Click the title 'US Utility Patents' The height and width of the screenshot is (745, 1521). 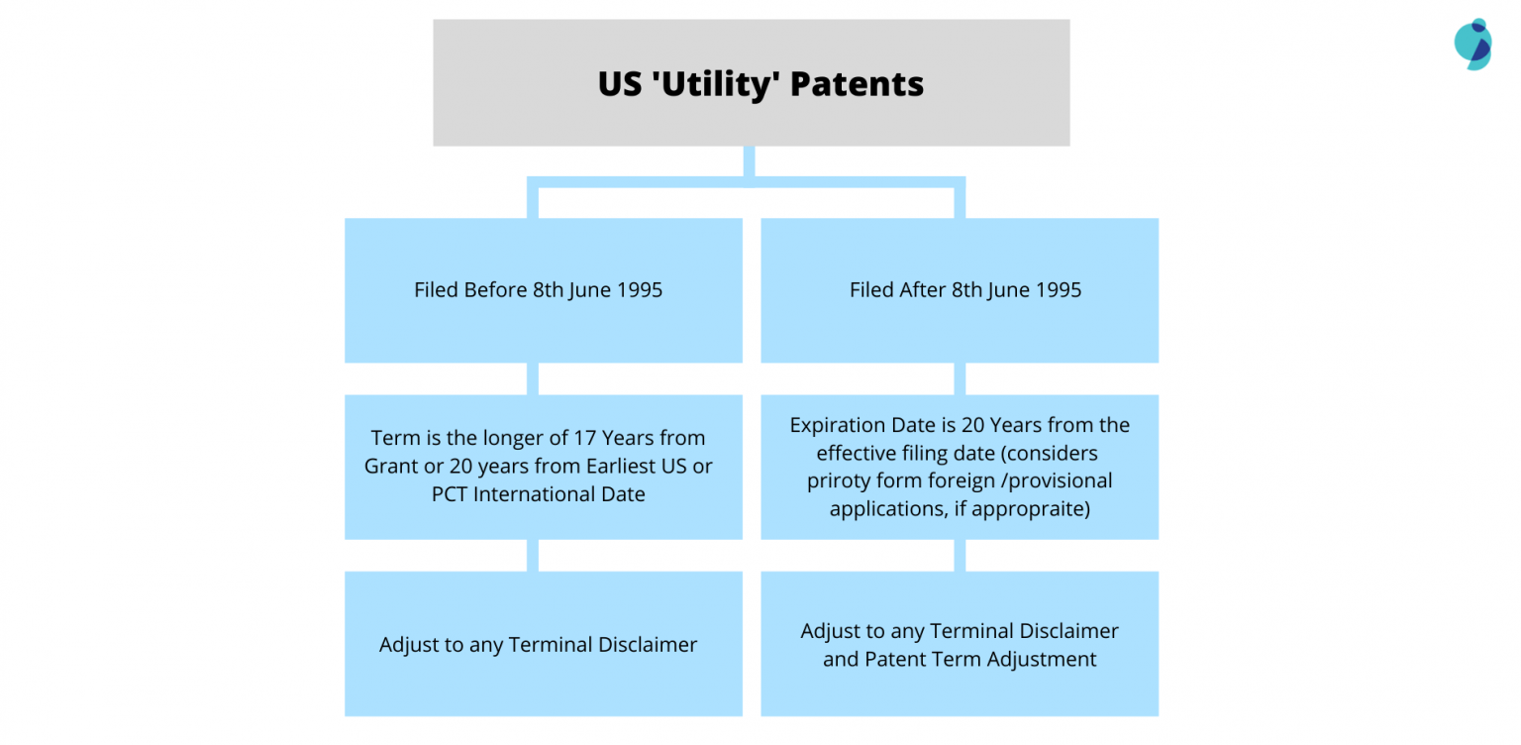pos(760,84)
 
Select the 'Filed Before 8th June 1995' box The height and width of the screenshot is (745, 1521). pos(543,290)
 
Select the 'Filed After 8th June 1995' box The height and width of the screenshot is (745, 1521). pos(959,290)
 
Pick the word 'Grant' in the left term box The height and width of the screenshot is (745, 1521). pos(391,467)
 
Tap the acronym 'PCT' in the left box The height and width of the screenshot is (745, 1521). pos(451,494)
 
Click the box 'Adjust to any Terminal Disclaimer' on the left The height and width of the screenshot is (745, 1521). pos(543,644)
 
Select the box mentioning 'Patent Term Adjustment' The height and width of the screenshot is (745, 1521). pos(959,644)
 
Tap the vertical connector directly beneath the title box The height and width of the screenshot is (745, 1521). pos(749,160)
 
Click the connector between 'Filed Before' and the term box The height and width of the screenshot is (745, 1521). pos(533,378)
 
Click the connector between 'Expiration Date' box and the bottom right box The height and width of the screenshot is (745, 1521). pos(960,555)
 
